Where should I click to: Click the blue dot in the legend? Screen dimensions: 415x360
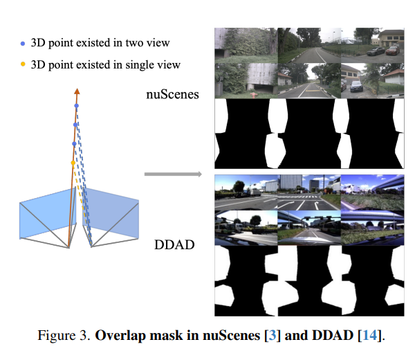(x=23, y=43)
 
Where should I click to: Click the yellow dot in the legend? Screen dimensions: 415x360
(x=23, y=64)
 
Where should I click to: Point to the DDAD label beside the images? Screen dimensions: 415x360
(x=173, y=244)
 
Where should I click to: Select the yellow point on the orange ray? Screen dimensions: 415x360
(x=73, y=163)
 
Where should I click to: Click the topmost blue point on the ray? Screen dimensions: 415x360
(x=76, y=106)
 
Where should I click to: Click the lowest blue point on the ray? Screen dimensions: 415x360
(x=74, y=143)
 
